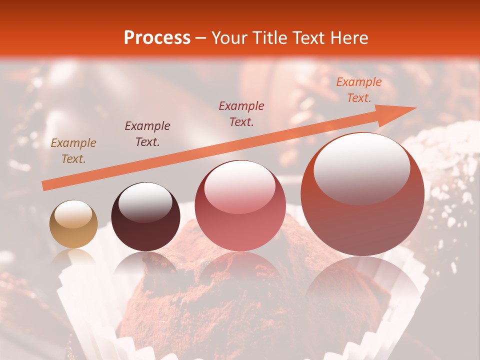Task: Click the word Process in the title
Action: (x=157, y=38)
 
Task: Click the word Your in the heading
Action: (x=228, y=38)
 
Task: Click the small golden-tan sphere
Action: (x=73, y=224)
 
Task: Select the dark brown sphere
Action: (x=145, y=217)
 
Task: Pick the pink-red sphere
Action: (x=240, y=205)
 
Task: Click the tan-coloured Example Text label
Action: (x=73, y=151)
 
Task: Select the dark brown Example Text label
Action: (x=147, y=134)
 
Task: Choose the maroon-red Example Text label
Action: (x=241, y=113)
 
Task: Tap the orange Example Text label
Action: (x=358, y=90)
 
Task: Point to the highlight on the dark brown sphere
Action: (x=145, y=202)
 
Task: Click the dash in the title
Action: (x=200, y=38)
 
